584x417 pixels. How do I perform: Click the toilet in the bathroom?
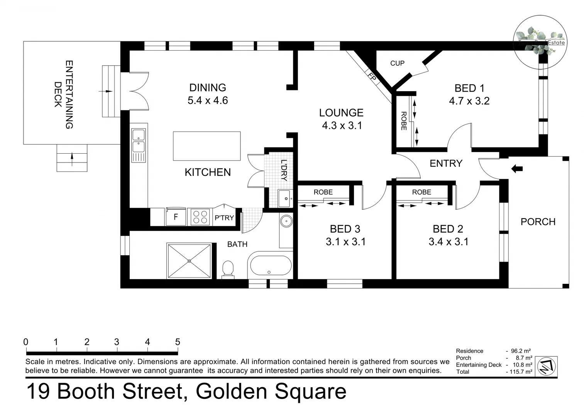228,269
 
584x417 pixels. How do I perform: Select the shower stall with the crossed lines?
189,261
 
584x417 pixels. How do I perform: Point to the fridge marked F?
176,217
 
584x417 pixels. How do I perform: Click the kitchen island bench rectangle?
207,146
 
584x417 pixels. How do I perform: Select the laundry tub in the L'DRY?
285,198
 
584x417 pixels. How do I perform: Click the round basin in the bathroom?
286,222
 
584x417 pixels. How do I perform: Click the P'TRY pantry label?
224,218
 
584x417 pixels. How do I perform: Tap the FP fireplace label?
371,77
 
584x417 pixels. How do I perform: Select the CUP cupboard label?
397,63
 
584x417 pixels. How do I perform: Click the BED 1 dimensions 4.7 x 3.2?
469,101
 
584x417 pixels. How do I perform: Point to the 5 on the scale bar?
178,342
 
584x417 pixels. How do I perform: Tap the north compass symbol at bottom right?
546,366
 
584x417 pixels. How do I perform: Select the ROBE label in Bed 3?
323,192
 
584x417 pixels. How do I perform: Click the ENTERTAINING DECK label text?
64,94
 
